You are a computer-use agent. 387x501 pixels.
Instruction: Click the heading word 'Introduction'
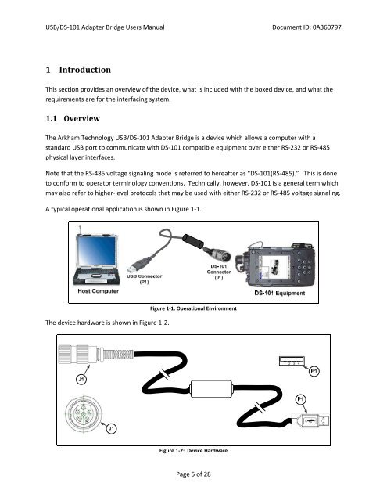click(87, 70)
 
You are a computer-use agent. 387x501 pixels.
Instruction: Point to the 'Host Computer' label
click(99, 291)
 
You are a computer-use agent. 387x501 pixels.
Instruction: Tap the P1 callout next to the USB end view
click(314, 369)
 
